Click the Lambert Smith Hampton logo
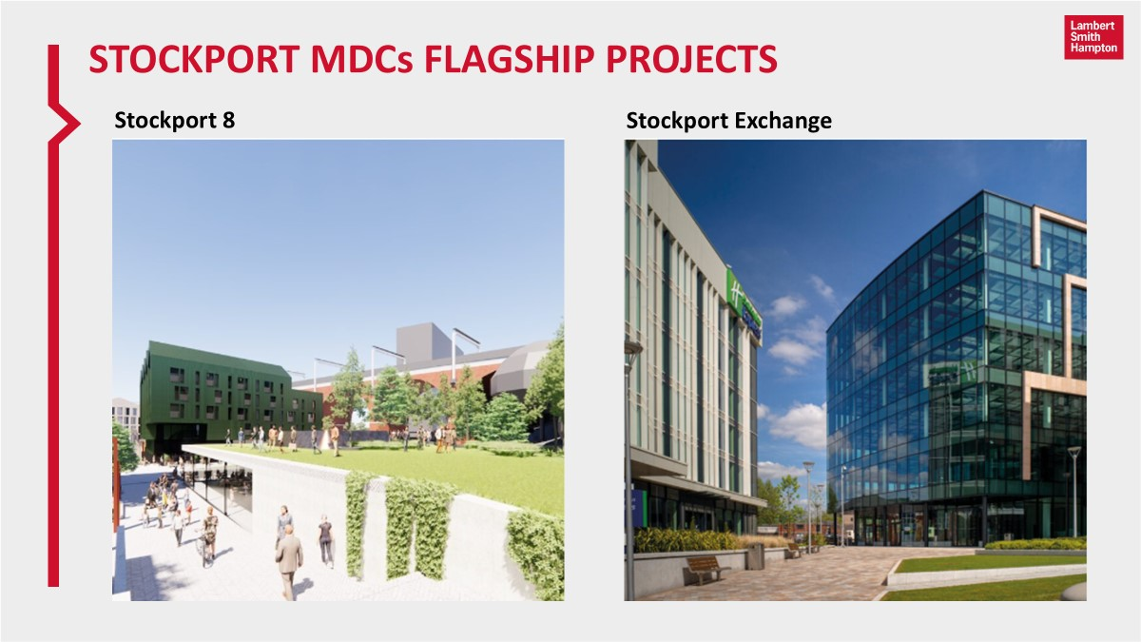point(1093,37)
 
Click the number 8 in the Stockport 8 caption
point(228,121)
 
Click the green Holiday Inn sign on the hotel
point(744,302)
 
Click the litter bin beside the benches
point(755,556)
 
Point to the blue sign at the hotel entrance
point(630,505)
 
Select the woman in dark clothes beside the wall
point(325,539)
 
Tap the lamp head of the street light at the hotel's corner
point(632,347)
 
